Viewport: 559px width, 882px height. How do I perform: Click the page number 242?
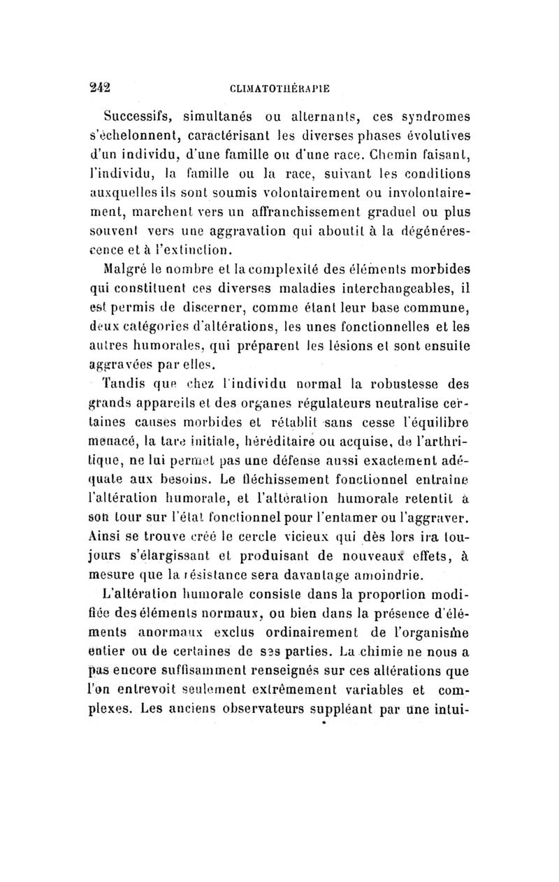click(x=100, y=88)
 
